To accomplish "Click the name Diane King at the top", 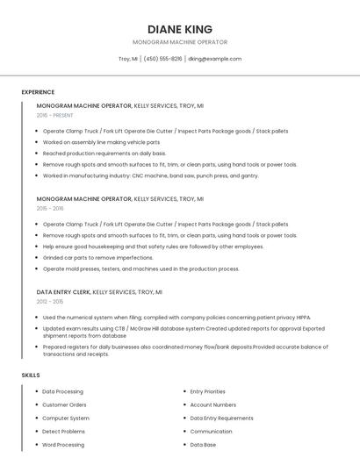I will click(x=180, y=29).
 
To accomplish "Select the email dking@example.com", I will click(x=214, y=59).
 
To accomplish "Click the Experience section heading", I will click(x=38, y=92).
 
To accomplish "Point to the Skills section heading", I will click(x=31, y=375).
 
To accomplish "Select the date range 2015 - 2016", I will click(x=50, y=209).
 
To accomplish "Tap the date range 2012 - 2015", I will click(x=50, y=302).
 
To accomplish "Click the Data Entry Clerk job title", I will click(x=63, y=291).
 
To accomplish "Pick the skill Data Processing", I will click(x=62, y=391).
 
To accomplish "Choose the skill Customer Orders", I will click(x=64, y=404).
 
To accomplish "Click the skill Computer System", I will click(x=65, y=418).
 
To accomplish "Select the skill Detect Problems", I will click(x=63, y=432).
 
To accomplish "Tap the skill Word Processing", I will click(x=63, y=445).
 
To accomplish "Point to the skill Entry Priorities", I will click(x=207, y=391).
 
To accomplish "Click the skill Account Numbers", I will click(x=212, y=404).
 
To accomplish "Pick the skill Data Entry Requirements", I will click(x=221, y=418).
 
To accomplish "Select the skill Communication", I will click(x=211, y=432).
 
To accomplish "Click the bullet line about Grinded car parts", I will click(x=97, y=258).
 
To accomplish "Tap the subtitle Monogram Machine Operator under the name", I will click(x=180, y=42).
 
